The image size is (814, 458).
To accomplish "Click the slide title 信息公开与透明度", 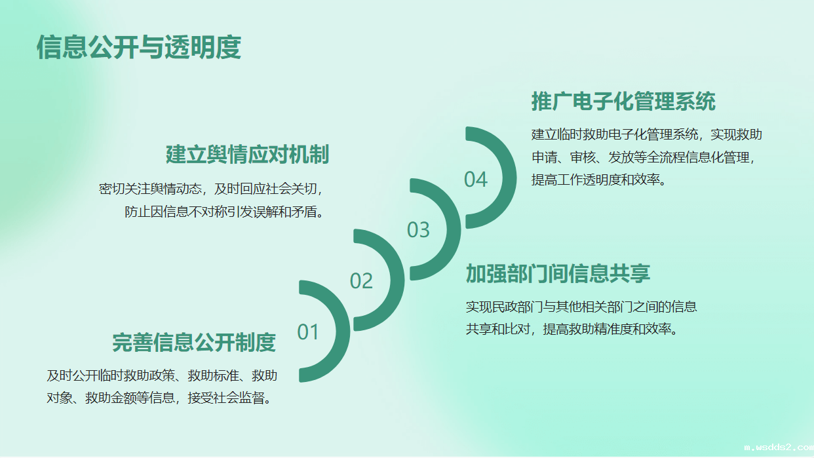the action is (139, 47).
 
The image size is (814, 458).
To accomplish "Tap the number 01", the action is (308, 332).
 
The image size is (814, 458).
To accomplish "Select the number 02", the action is (361, 280).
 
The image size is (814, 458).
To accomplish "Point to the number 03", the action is (418, 230).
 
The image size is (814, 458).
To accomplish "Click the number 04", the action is (476, 180).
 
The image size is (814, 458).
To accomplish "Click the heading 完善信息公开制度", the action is (194, 343).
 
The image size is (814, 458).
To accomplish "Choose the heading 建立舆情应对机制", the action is (248, 155).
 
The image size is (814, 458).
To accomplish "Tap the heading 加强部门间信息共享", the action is (558, 273).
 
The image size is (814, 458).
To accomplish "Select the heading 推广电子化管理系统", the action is (623, 101).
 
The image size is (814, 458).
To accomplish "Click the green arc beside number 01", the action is (343, 332).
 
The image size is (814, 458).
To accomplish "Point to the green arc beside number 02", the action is (397, 280).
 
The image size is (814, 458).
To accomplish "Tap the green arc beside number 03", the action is (454, 229).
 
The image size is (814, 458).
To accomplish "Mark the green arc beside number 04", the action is (509, 178).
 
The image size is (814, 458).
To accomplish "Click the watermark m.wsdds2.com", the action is (779, 447).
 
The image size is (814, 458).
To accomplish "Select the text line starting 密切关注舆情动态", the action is (211, 189).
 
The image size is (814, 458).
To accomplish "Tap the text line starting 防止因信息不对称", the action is (224, 212).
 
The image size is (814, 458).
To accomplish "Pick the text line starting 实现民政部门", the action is (581, 307).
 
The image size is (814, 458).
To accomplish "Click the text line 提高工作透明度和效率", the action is (599, 180).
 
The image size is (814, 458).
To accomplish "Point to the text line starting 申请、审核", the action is (644, 157).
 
